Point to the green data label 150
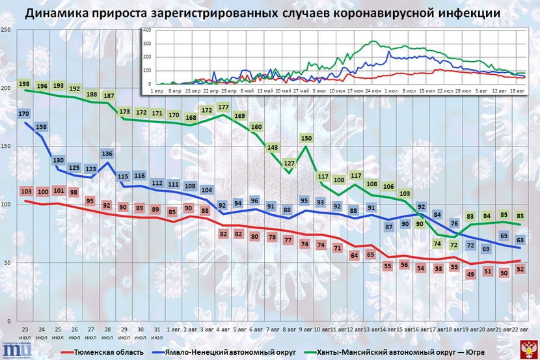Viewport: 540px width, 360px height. pos(307,139)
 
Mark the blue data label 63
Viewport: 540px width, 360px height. pos(520,240)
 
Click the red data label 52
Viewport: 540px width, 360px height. pos(520,270)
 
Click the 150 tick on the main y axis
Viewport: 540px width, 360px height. pos(5,147)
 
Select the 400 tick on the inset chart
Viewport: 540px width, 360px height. pos(147,30)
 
